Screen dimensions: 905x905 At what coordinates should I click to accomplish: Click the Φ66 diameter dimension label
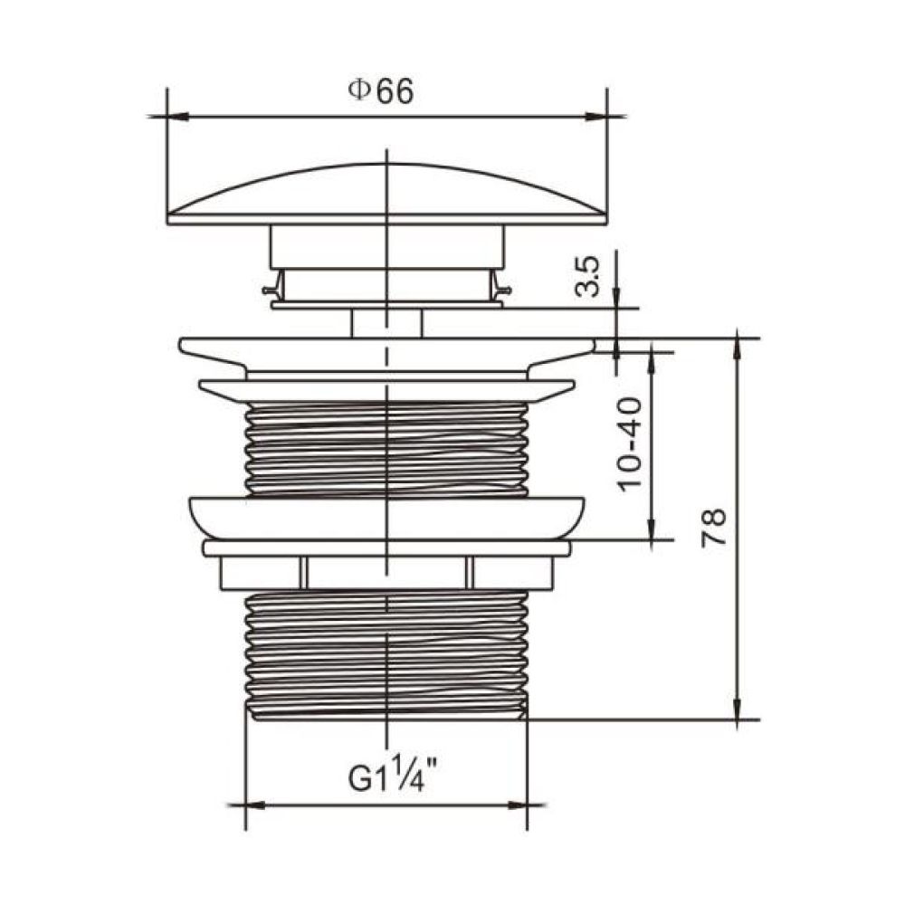point(381,91)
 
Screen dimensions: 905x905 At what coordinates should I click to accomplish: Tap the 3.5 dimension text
point(588,276)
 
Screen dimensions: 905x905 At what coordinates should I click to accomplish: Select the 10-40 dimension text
point(629,444)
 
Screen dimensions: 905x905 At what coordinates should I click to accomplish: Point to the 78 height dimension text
point(713,528)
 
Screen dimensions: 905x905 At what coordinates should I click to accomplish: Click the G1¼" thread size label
point(393,776)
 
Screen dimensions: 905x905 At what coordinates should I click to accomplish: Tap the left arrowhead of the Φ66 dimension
point(177,117)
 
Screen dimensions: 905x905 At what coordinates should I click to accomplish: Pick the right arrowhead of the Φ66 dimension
point(596,117)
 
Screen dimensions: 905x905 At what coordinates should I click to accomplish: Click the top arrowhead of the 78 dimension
point(737,348)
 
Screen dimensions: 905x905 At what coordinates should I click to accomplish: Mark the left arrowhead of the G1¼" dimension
point(257,805)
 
